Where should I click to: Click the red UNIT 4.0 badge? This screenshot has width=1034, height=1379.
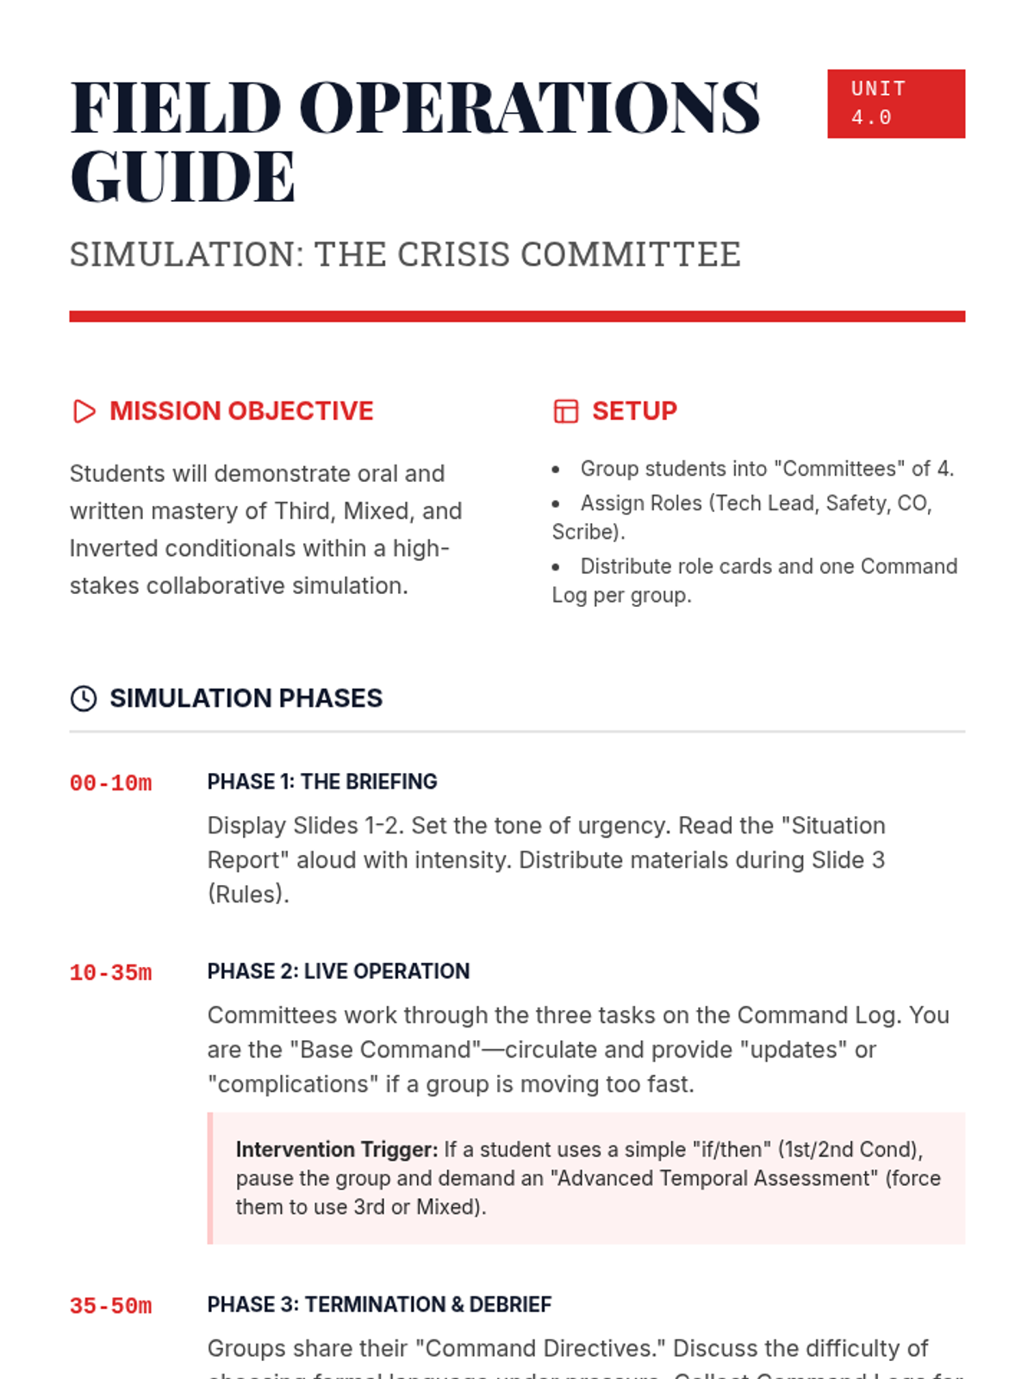(x=895, y=103)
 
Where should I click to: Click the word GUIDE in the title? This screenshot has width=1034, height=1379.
(x=183, y=177)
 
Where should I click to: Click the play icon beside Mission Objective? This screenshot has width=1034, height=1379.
(x=84, y=411)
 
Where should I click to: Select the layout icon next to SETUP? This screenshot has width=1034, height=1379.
(x=565, y=411)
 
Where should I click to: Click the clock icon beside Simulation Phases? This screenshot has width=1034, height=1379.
(x=84, y=698)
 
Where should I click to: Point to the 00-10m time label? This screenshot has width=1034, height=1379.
(x=110, y=783)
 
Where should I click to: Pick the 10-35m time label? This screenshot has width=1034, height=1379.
(x=110, y=973)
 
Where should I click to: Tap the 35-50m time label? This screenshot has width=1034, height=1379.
(x=110, y=1307)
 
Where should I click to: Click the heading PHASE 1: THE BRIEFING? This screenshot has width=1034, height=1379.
(x=322, y=782)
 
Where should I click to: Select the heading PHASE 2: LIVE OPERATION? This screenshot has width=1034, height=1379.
(x=339, y=971)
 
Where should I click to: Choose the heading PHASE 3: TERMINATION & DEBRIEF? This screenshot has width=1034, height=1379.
(x=379, y=1305)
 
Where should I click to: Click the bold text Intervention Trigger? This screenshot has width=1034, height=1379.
(x=337, y=1150)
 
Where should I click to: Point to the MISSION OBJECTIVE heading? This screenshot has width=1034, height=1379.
(x=241, y=411)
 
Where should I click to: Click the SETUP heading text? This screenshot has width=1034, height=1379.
(x=634, y=411)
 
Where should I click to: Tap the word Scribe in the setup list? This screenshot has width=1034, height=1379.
(x=586, y=532)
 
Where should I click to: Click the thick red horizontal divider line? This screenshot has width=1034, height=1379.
(x=517, y=316)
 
